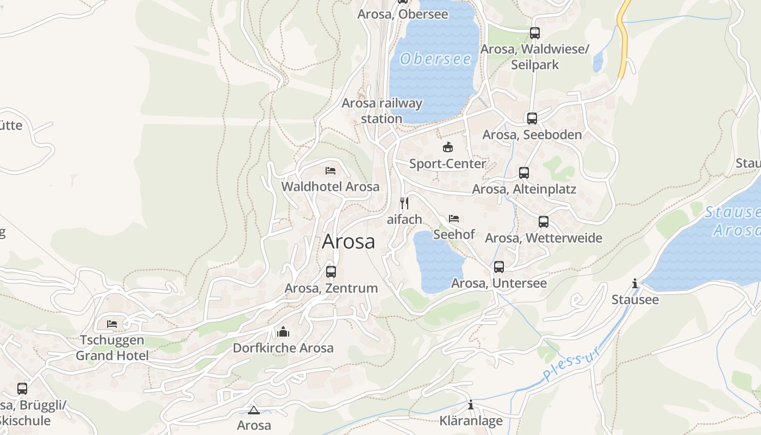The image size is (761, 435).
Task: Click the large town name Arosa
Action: click(348, 241)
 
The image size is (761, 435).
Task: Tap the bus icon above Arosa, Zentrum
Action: click(330, 272)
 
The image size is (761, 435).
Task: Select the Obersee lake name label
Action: click(435, 59)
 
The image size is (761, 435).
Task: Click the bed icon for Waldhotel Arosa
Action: click(330, 171)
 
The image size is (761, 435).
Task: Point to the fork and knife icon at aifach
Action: click(404, 203)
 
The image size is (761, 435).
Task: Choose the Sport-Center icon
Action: click(447, 147)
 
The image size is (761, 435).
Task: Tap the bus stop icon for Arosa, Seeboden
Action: click(532, 119)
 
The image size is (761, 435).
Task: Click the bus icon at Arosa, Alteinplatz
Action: click(523, 173)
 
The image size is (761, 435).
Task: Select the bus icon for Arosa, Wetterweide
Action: click(543, 222)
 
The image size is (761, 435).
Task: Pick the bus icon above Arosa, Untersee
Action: click(498, 267)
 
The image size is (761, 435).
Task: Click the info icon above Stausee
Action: click(634, 284)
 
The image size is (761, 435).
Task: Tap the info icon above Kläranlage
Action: click(471, 405)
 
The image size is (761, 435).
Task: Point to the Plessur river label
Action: click(573, 363)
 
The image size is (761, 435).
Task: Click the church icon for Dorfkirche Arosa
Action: click(283, 332)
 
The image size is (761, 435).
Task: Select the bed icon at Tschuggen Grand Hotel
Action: click(112, 324)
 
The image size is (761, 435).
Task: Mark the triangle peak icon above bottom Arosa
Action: click(253, 410)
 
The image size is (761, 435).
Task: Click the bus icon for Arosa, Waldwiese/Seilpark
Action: click(534, 33)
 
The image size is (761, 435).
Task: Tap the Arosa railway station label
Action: click(382, 110)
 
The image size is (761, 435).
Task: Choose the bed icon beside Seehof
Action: click(454, 219)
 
